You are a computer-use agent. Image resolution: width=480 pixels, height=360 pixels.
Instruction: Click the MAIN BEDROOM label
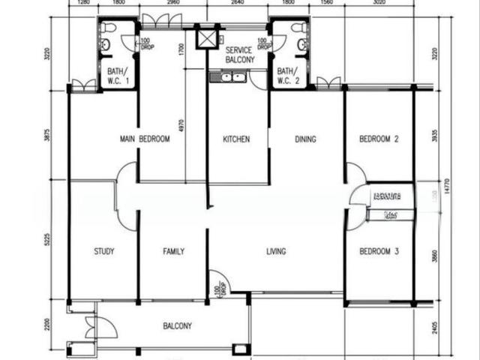[145, 139]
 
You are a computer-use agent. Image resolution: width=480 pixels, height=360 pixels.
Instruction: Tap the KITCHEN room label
[236, 139]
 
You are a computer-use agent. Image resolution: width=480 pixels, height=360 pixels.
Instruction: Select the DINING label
[305, 139]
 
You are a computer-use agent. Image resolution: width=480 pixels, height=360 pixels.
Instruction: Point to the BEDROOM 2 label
[378, 139]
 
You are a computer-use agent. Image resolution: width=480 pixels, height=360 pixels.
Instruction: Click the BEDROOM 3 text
[378, 251]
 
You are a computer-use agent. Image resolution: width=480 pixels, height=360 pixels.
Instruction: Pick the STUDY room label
[104, 251]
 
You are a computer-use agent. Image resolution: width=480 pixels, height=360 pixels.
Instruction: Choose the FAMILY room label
[173, 251]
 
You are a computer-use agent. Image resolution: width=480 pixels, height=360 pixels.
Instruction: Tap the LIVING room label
[276, 251]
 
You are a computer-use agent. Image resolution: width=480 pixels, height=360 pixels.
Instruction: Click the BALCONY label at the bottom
[178, 326]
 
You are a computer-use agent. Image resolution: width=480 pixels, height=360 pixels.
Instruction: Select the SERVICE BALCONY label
[239, 54]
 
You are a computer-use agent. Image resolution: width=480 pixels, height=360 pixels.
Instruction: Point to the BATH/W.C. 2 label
[289, 75]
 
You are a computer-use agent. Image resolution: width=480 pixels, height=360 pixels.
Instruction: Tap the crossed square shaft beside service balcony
[205, 38]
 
